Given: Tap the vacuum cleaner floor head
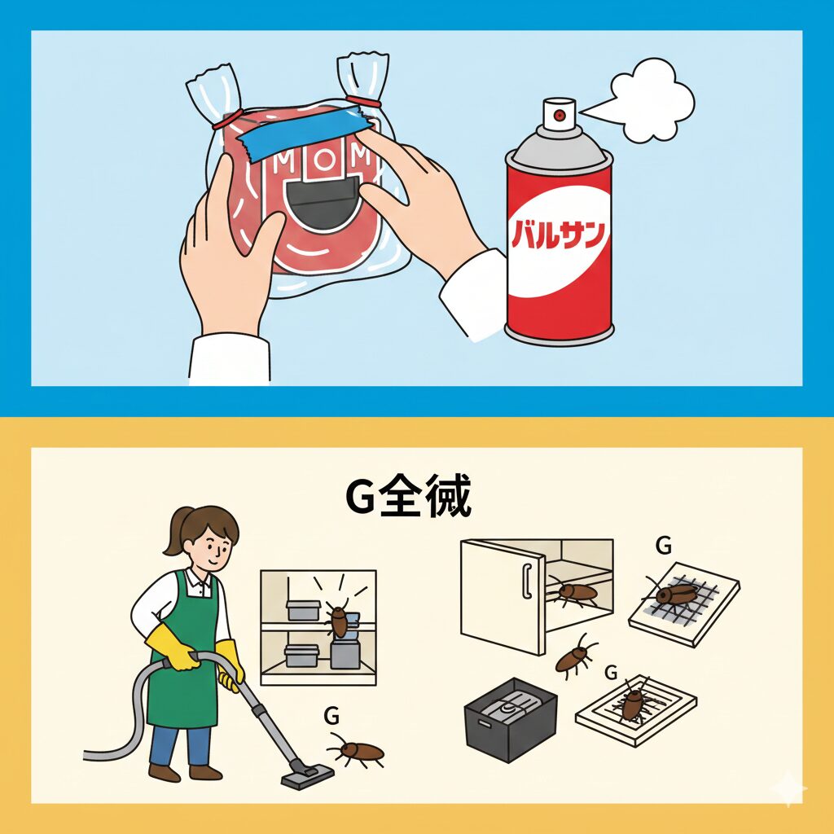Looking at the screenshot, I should (307, 774).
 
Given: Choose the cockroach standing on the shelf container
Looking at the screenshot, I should (339, 621).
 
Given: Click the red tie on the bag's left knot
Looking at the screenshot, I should (228, 121).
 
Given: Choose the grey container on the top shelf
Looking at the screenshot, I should (303, 610).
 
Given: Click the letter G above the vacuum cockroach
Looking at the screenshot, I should (331, 716).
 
